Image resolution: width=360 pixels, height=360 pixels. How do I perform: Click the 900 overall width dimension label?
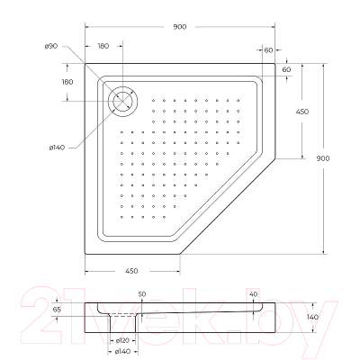[180, 27]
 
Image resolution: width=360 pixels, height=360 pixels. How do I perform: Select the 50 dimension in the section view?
[142, 293]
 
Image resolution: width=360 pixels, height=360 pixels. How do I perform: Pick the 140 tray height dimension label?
[312, 317]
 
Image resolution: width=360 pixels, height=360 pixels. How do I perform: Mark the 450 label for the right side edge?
[303, 111]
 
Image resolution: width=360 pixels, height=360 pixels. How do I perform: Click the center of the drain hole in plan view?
[120, 100]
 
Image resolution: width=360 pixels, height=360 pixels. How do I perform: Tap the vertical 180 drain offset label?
[67, 82]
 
